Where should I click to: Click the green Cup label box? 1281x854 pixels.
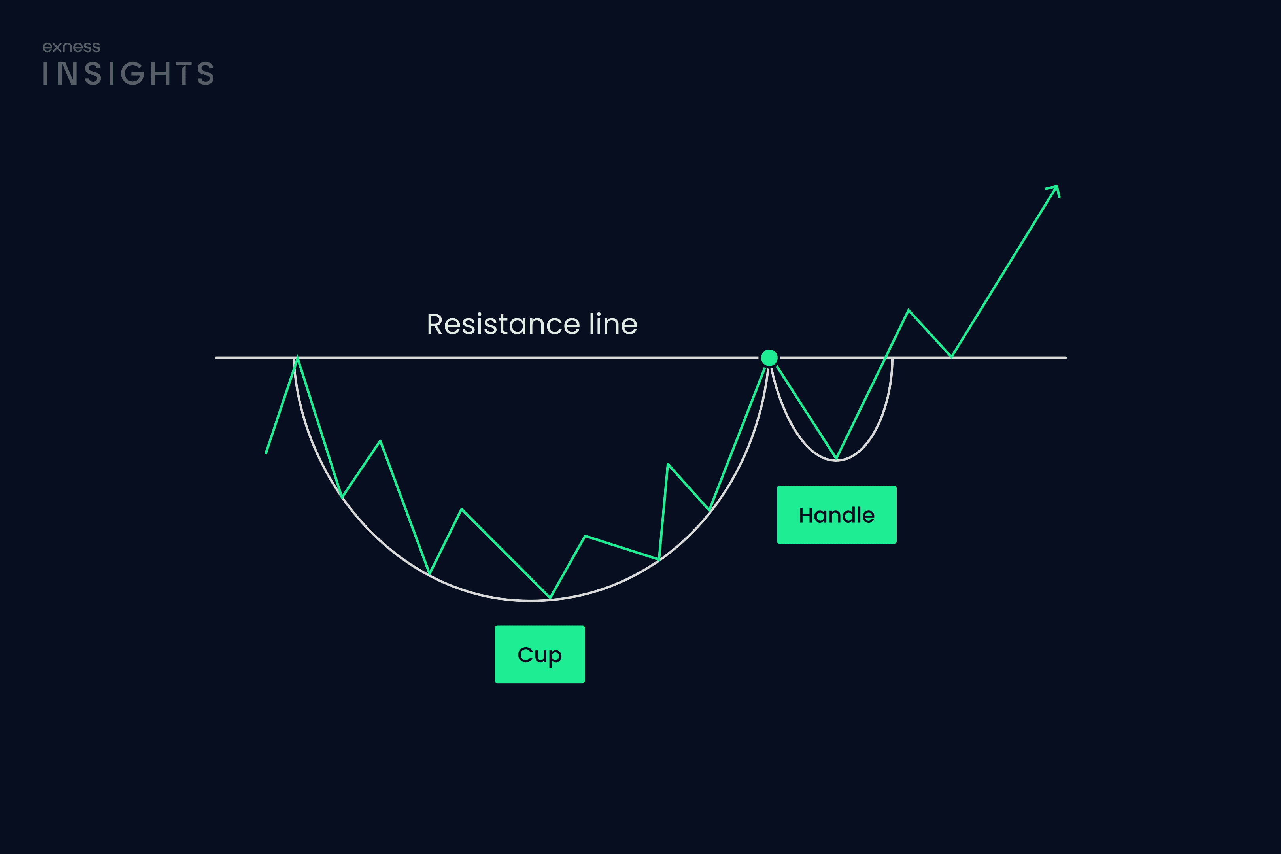click(x=539, y=654)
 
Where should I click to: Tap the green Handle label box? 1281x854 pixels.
click(x=837, y=515)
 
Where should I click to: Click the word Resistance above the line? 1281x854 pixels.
click(x=503, y=325)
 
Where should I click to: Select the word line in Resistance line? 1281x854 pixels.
click(x=613, y=324)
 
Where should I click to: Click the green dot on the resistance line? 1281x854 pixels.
click(x=769, y=358)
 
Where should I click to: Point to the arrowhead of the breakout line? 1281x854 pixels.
click(x=1054, y=191)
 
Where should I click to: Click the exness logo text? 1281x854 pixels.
click(x=71, y=47)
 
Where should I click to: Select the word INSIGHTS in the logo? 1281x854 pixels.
click(x=128, y=74)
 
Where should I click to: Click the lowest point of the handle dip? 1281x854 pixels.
click(x=836, y=458)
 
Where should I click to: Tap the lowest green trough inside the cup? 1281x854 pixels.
click(x=550, y=597)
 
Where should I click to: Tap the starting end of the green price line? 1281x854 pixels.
click(x=266, y=453)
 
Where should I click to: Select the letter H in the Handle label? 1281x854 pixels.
click(x=805, y=515)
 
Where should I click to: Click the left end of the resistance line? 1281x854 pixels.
click(x=216, y=358)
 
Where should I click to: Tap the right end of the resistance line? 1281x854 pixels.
click(x=1065, y=358)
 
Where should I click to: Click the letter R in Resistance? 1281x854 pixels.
click(x=436, y=325)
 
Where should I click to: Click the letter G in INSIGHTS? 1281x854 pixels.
click(x=131, y=74)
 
